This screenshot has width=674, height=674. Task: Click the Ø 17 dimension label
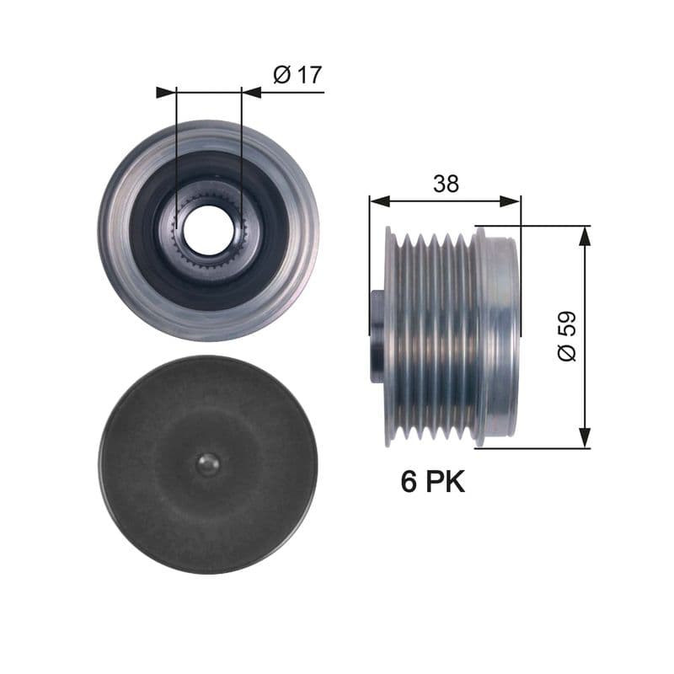(297, 75)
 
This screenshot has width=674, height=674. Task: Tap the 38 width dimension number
(446, 184)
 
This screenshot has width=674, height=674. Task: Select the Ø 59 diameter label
(567, 336)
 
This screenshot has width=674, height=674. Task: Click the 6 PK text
(432, 482)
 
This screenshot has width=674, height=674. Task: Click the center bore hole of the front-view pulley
(207, 231)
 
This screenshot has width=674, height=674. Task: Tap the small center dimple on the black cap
(207, 464)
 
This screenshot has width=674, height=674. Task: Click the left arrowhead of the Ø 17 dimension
(166, 92)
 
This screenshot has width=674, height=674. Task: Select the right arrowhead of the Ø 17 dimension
(251, 92)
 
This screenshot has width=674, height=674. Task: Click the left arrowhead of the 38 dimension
(380, 201)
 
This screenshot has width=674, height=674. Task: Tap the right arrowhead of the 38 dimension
(511, 201)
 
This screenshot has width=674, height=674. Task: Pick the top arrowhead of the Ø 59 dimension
(585, 236)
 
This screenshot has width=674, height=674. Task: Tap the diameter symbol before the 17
(281, 75)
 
